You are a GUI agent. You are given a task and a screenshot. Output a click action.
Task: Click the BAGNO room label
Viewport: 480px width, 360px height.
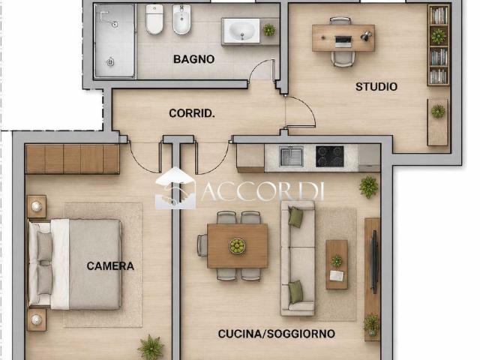coord(193,59)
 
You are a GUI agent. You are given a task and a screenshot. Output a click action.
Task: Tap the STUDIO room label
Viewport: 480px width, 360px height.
coord(376,87)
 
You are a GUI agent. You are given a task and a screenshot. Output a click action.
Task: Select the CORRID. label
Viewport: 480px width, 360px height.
coord(192,113)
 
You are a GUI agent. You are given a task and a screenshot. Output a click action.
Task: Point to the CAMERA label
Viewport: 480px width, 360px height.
coord(110,266)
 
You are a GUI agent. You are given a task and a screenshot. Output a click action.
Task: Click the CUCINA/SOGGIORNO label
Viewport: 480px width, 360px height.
coord(277,334)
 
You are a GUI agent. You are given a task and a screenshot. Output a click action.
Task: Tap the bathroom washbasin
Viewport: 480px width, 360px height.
coord(241,31)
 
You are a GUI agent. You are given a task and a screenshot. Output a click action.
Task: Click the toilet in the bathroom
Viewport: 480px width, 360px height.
coord(154,19)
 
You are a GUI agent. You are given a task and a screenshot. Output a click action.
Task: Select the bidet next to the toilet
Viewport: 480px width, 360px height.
coord(181,19)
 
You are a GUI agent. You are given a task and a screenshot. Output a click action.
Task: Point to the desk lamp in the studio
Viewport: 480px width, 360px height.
coord(366,35)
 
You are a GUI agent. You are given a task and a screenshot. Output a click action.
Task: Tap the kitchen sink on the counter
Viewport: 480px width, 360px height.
coord(292,156)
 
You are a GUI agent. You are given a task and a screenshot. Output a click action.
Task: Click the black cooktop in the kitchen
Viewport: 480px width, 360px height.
coord(330,157)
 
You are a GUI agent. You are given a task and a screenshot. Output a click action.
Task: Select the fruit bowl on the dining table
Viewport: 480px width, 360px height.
coord(238,246)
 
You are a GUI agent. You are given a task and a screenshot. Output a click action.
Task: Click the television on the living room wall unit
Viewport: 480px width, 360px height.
coord(373,261)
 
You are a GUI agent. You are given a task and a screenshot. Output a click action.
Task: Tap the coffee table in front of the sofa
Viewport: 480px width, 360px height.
coord(337,265)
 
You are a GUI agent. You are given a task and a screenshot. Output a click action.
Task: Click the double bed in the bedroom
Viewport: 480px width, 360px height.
coord(75,264)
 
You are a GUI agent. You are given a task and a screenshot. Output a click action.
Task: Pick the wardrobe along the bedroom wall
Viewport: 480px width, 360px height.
coord(73,159)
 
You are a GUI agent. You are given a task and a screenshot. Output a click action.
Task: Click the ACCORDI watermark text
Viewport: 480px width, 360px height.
coord(262,191)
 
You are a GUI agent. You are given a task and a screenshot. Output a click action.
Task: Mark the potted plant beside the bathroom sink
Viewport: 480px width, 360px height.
coord(269,30)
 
